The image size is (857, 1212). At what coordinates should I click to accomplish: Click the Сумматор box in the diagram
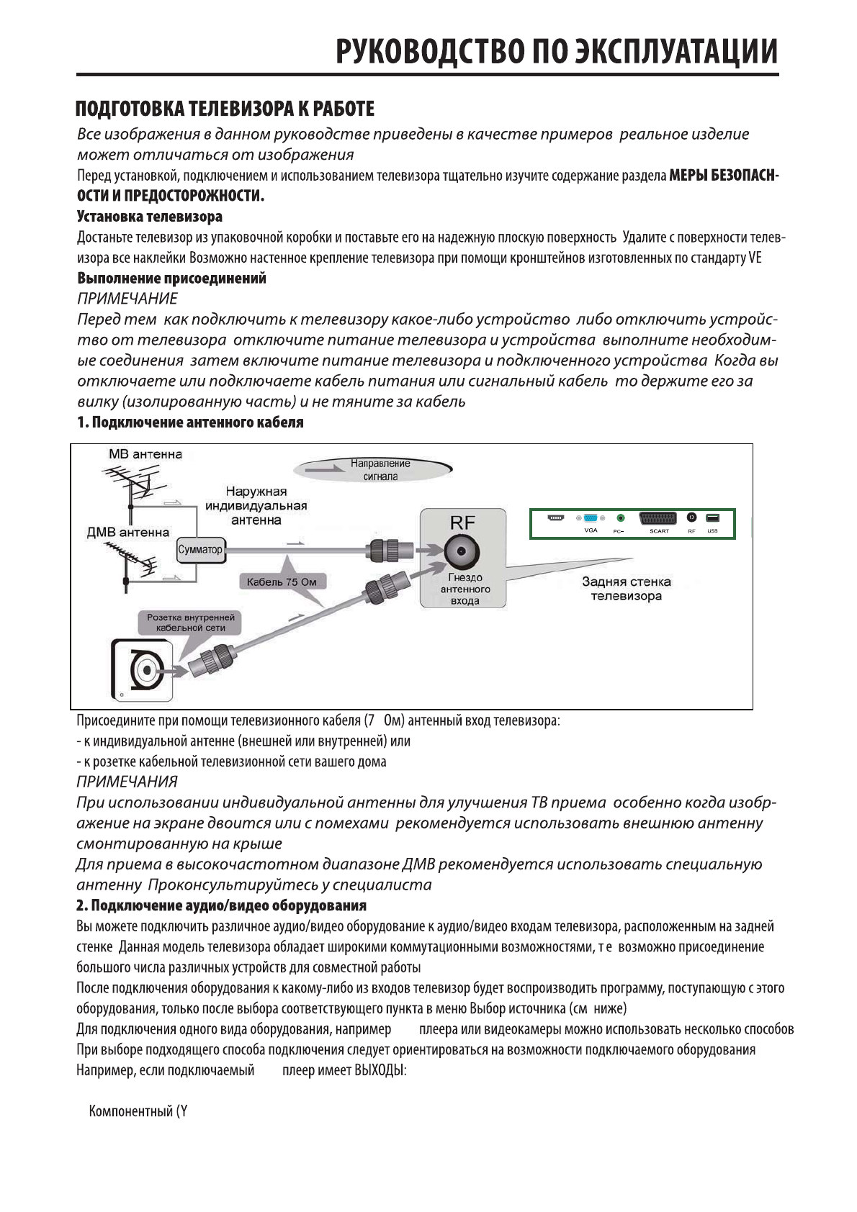pos(200,549)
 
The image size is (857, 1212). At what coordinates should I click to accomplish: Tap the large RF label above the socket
pos(462,523)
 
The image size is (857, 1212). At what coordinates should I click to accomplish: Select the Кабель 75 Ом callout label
pos(277,582)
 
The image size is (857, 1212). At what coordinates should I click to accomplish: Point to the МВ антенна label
pos(145,454)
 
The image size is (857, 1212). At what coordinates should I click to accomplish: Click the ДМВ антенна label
pos(127,533)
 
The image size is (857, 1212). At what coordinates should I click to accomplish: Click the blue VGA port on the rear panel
pos(591,518)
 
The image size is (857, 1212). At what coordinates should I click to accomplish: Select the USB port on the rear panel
pos(712,518)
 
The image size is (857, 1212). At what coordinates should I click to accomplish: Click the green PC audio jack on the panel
pos(620,518)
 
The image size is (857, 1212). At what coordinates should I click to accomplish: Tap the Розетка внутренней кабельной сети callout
pos(190,623)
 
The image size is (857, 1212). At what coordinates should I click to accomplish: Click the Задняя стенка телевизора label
pos(626,589)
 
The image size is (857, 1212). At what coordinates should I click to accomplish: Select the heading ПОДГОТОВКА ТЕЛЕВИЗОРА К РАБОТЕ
pos(225,109)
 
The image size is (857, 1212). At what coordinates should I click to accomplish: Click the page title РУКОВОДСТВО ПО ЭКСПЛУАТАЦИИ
pos(556,52)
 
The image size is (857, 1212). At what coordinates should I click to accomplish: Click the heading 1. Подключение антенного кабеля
pos(190,422)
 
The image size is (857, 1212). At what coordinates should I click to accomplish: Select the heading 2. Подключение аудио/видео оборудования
pos(221,905)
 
